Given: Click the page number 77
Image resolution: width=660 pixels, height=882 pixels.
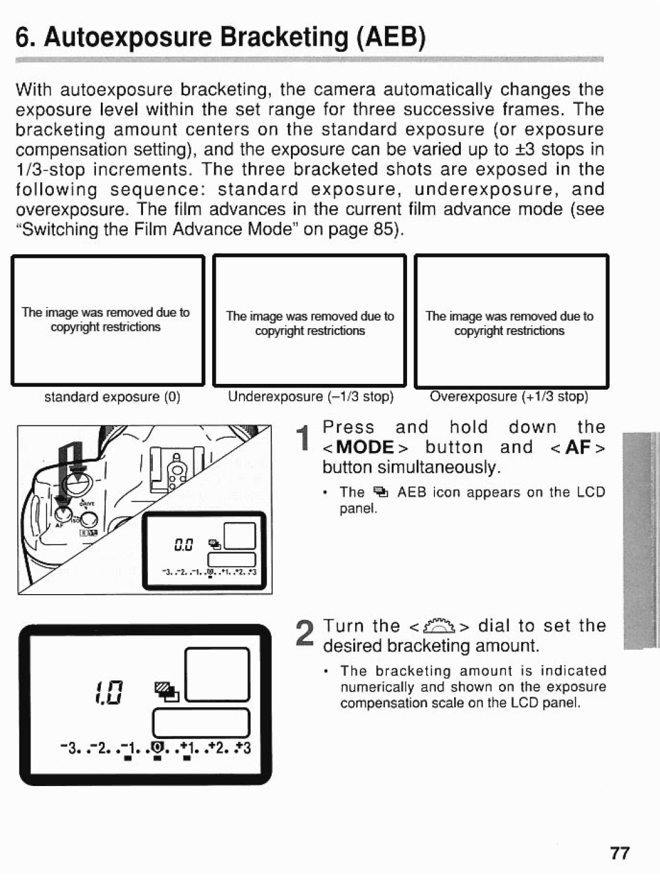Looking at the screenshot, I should (619, 853).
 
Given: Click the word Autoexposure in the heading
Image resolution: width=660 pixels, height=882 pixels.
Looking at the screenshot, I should (127, 38).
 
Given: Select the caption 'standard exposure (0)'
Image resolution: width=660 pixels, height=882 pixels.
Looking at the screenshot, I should (112, 397).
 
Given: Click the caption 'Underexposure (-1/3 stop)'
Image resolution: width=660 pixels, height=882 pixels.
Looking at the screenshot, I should (310, 396).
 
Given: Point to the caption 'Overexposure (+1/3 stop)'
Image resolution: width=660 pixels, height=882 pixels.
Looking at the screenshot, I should (509, 396).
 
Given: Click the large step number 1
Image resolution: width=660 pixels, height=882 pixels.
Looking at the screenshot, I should (301, 441).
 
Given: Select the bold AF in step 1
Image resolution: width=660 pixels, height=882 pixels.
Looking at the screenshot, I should (577, 447).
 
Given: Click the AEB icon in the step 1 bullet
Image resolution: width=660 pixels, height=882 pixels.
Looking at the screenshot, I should (381, 492).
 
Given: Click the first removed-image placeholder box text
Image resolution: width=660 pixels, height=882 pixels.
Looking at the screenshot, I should (106, 320).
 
